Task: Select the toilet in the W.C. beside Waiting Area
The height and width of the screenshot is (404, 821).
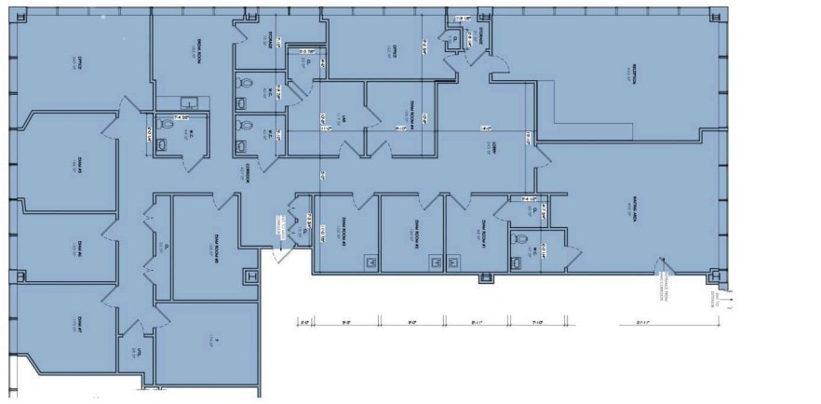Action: pyautogui.click(x=521, y=241)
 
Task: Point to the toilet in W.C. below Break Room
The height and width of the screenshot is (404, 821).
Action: pyautogui.click(x=163, y=142)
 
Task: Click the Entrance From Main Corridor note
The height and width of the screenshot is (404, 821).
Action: pyautogui.click(x=665, y=276)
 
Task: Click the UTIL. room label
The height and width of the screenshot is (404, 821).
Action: pyautogui.click(x=136, y=353)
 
